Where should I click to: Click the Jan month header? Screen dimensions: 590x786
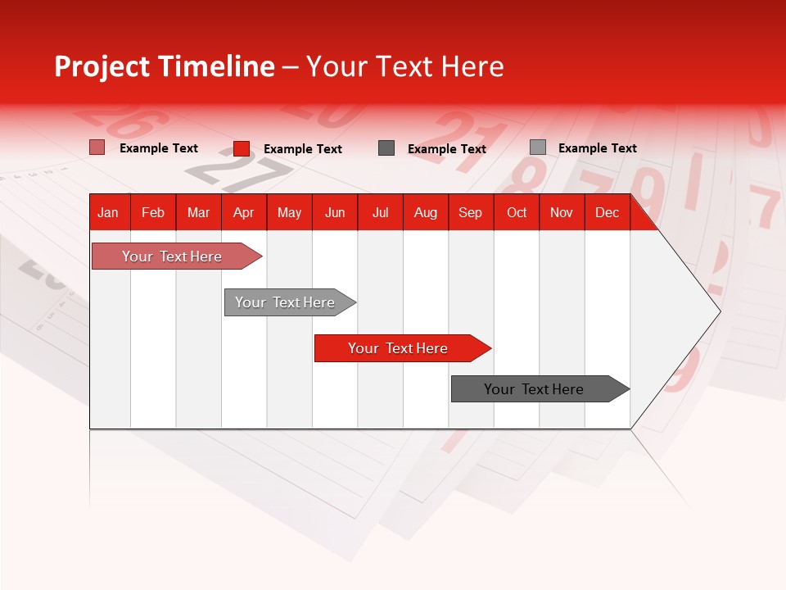[x=108, y=213]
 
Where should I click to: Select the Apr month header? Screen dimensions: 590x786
[x=243, y=213]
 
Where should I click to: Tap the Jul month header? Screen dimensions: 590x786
[x=380, y=213]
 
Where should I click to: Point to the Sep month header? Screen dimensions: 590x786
[x=470, y=213]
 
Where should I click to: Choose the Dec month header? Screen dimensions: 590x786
[x=607, y=213]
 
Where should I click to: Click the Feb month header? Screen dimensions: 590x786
[x=153, y=213]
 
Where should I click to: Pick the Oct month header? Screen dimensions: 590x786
[x=517, y=213]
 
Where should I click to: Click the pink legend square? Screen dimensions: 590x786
[x=97, y=147]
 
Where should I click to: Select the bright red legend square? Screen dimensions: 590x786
[x=242, y=148]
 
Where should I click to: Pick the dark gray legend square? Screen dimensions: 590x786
[x=386, y=147]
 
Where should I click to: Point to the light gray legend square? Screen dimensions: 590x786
[x=538, y=147]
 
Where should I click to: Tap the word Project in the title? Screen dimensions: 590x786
[x=102, y=66]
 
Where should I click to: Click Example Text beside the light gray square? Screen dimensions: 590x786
[x=597, y=148]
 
